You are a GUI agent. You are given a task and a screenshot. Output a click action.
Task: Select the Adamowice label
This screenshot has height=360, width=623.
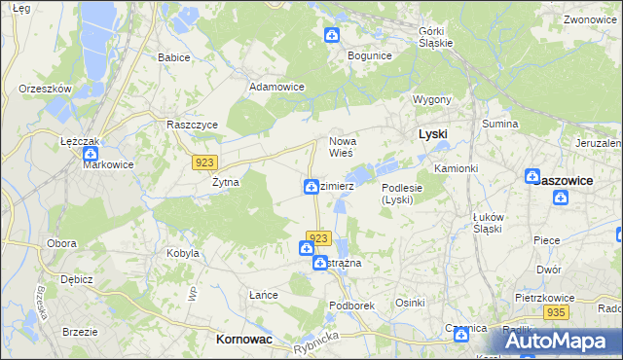coord(277,87)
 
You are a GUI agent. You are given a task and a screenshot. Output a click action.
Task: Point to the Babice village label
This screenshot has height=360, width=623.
coord(173,57)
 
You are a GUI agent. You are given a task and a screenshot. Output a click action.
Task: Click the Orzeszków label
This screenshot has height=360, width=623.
coord(46,89)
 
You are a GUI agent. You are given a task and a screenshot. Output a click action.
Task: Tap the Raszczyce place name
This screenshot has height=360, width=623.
coord(193,126)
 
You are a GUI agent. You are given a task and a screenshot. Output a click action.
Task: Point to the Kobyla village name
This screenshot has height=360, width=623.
coord(183,253)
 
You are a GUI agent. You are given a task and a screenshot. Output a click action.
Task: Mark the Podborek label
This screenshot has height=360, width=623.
coord(352,305)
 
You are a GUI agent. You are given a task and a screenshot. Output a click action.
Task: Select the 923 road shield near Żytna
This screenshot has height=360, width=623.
coord(204,162)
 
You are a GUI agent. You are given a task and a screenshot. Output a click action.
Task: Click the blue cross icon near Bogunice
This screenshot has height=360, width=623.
coord(332,36)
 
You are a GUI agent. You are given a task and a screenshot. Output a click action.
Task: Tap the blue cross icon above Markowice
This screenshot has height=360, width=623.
coord(92,152)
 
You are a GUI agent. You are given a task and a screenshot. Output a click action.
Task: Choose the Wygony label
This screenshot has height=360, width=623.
coord(432,100)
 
